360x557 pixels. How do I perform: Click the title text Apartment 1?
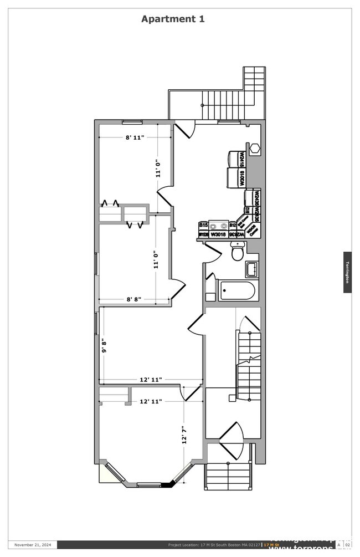click(173, 19)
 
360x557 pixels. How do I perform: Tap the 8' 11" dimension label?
click(135, 137)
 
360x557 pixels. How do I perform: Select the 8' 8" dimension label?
click(134, 299)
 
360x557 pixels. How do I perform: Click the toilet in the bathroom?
click(238, 252)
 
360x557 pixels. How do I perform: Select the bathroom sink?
click(252, 269)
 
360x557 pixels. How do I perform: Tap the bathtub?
click(238, 290)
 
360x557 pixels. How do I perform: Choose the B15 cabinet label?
click(203, 225)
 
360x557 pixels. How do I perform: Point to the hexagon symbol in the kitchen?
click(255, 149)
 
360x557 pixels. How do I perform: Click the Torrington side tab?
click(347, 272)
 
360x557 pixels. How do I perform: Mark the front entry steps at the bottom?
click(229, 476)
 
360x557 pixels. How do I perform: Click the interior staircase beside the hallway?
click(249, 360)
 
